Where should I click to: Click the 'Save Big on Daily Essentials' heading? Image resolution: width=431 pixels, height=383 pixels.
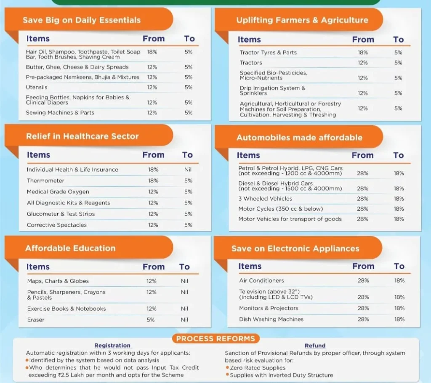pos(82,20)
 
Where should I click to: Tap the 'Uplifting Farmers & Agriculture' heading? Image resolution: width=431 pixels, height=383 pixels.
pos(302,20)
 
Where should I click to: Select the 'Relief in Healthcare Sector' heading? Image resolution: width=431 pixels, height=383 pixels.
pos(82,136)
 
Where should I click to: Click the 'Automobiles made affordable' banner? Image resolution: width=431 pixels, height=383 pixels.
pos(299,137)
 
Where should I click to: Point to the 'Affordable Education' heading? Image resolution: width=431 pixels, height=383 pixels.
pos(70,248)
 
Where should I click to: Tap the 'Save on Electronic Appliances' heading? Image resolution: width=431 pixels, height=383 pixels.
pos(295,248)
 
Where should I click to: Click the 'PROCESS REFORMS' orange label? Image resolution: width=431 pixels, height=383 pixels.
pos(215,339)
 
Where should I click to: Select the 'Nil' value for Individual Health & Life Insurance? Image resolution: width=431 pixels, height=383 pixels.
pos(188,169)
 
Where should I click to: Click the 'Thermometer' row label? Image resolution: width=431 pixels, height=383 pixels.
pos(45,181)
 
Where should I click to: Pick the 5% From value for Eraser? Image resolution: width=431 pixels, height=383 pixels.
pos(151,320)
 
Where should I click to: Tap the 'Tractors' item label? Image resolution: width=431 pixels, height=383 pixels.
pos(251,63)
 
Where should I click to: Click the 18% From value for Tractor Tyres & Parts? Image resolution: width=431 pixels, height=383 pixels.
pos(362,53)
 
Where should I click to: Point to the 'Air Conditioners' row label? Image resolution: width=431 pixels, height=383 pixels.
pos(261,280)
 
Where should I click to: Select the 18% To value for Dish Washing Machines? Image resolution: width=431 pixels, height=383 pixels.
pos(399,319)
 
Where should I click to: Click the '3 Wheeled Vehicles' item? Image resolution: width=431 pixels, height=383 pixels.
pos(265,198)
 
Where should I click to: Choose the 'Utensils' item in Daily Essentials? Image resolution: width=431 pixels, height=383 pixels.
pos(37,87)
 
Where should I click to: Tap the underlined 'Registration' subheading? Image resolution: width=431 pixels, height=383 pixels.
pos(112,346)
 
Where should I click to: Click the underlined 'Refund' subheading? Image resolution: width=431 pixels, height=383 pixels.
pos(315,346)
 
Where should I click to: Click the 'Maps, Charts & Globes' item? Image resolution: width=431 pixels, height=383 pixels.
pos(58,281)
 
